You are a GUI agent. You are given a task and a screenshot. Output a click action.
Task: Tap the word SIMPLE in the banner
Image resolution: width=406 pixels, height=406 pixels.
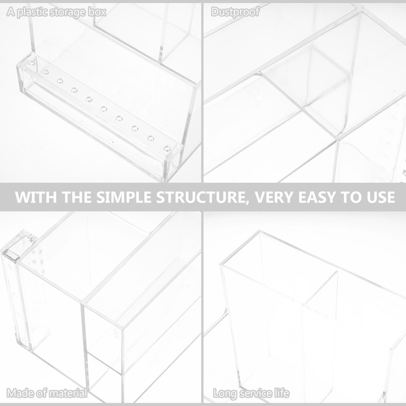[125, 197]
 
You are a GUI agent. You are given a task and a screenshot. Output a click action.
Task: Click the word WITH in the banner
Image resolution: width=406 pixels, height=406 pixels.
[36, 197]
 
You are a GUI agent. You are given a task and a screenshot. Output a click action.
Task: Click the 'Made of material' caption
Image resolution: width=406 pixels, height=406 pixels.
[47, 393]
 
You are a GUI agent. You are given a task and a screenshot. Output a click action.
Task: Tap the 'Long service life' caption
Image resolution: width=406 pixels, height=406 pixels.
[251, 393]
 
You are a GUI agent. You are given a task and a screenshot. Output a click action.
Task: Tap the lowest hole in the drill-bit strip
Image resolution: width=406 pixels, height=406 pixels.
[166, 148]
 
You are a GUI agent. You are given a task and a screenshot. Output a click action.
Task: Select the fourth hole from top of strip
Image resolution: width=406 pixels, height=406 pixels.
[74, 90]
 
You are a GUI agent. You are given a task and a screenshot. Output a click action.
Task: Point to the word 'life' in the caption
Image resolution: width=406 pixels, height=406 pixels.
[281, 393]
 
